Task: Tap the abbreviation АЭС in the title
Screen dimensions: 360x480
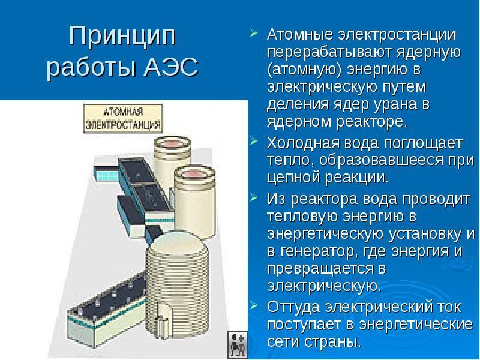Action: [x=172, y=67]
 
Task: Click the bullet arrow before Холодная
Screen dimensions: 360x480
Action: [x=254, y=143]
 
